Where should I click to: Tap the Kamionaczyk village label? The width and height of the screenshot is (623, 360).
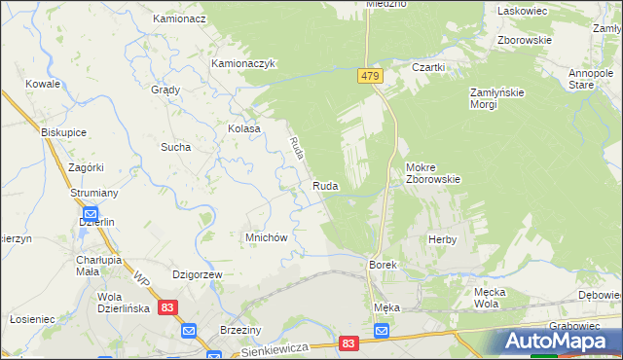click(x=245, y=64)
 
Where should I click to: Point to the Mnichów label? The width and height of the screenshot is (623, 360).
click(x=265, y=237)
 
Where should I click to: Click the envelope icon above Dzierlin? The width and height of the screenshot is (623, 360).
click(x=91, y=214)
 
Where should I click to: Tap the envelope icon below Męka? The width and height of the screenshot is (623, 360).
click(x=382, y=332)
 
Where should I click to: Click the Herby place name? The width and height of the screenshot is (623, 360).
click(x=442, y=239)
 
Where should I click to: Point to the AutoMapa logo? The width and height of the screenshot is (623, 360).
click(x=559, y=342)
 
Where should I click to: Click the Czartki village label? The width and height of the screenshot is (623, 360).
click(x=428, y=67)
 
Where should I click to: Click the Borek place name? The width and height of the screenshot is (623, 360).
click(x=381, y=265)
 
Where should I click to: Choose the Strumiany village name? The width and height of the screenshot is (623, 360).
click(x=93, y=194)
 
